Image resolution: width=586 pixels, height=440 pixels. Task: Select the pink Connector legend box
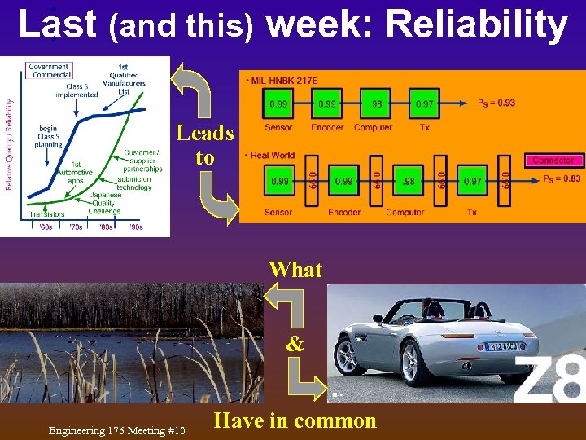(x=553, y=160)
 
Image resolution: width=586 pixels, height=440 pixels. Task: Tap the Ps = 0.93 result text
(x=496, y=103)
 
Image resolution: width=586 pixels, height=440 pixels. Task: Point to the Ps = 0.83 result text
(x=561, y=178)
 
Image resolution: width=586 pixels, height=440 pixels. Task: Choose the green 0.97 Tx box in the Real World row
(x=472, y=179)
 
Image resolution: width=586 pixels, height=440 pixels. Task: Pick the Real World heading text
(x=273, y=155)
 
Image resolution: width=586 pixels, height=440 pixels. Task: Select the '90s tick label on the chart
(x=136, y=227)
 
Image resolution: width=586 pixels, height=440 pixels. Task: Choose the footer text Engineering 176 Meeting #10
(x=116, y=430)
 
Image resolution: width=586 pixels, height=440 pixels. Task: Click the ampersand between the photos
(x=295, y=344)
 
